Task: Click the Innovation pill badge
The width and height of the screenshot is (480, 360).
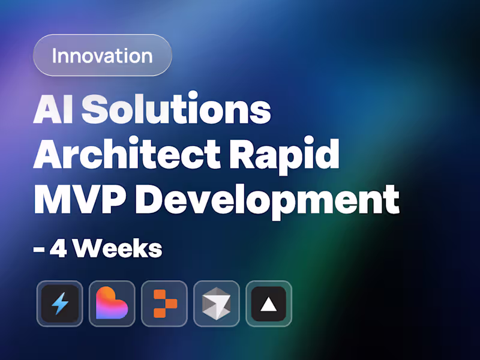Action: pos(102,55)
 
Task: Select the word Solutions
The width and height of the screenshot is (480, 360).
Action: pos(176,110)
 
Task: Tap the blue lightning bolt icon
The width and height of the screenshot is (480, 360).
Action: pos(59,304)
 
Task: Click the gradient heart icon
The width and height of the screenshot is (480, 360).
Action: pos(112,304)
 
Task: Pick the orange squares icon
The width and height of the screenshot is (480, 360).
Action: pos(164,304)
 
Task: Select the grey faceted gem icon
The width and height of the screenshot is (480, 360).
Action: pos(216,304)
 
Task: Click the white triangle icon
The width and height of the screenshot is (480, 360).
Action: pos(268,304)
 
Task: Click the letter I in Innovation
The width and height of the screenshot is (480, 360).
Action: pos(55,55)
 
